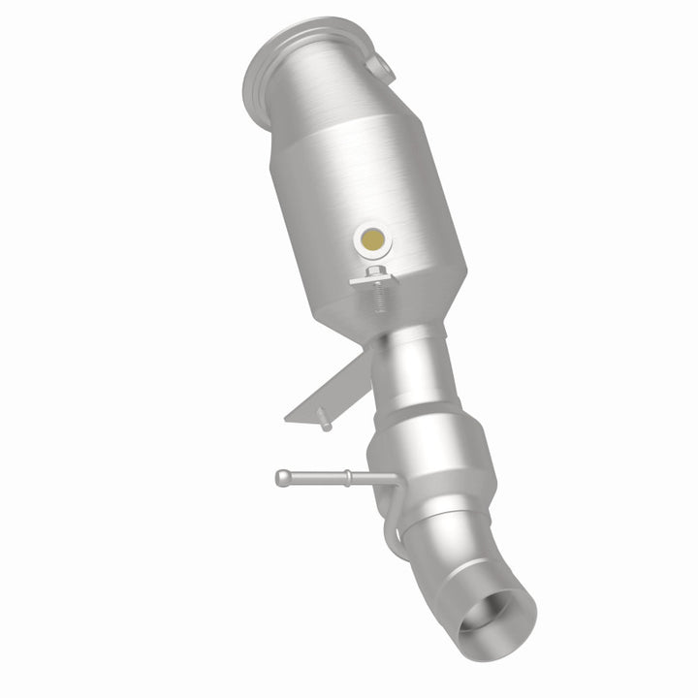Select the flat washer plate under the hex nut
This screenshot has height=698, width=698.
[374, 281]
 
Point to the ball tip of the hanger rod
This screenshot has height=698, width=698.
[281, 477]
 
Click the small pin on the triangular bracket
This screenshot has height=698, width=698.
[324, 424]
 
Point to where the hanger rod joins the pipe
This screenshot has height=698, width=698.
[388, 479]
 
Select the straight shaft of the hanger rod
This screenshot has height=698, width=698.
[315, 477]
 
